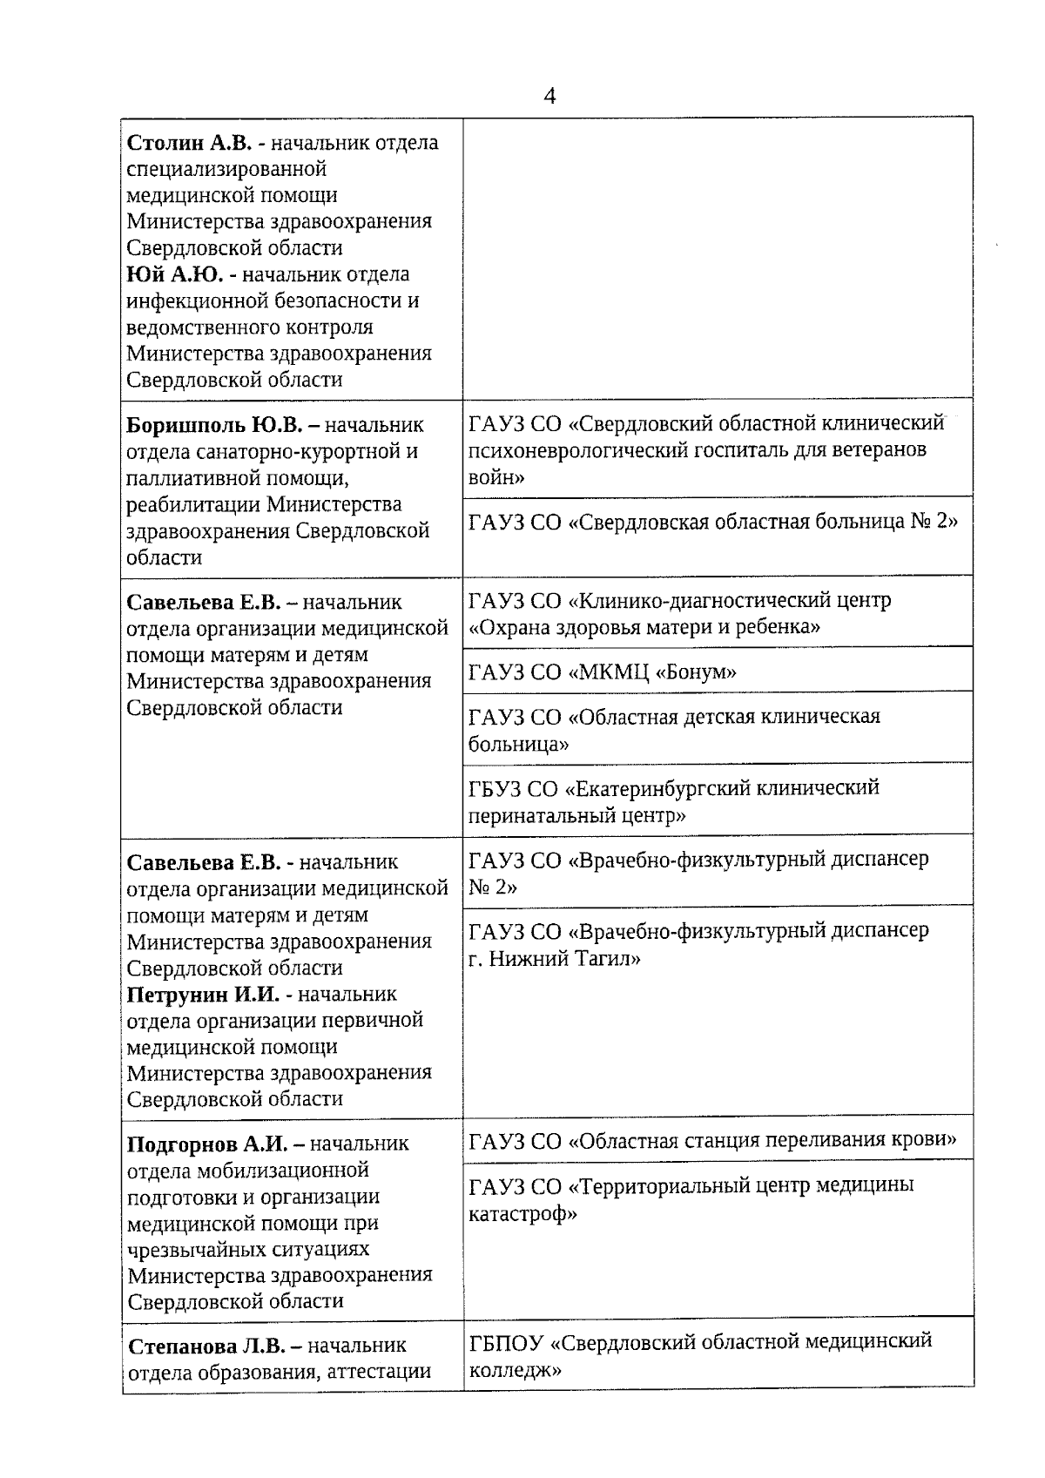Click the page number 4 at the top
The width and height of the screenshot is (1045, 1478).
(549, 96)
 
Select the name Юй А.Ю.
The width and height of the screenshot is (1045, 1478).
(175, 275)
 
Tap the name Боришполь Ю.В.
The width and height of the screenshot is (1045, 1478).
(214, 426)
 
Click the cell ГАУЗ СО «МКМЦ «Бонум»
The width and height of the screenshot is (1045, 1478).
(603, 672)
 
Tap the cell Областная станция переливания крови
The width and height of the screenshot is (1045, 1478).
(712, 1141)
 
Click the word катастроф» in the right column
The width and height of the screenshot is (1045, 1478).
(522, 1213)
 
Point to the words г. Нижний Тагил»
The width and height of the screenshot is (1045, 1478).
(555, 959)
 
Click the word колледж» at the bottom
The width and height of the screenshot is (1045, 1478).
(515, 1369)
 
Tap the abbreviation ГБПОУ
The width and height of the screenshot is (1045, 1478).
(506, 1341)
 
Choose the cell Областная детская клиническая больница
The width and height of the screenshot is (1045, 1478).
(674, 730)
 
